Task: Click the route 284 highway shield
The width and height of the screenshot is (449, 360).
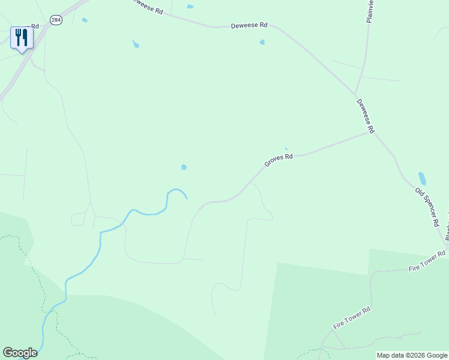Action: click(56, 20)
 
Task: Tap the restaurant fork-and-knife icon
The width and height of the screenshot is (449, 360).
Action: click(22, 38)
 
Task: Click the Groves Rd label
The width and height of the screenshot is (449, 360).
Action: click(279, 160)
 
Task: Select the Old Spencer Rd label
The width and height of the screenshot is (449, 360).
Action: click(427, 207)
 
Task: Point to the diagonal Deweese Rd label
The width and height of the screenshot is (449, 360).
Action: click(366, 116)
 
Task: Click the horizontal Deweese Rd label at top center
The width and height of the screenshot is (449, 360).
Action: click(249, 26)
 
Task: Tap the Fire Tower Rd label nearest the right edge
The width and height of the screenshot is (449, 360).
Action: click(427, 262)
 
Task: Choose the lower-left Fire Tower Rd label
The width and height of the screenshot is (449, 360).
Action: click(352, 318)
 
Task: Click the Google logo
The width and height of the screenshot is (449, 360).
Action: click(20, 353)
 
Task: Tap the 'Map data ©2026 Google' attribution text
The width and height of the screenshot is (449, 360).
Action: click(412, 355)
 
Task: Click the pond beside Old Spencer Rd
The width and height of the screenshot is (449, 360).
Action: click(422, 178)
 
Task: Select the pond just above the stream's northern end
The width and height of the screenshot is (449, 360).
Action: click(184, 167)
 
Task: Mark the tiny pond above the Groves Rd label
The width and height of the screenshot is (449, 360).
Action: click(286, 149)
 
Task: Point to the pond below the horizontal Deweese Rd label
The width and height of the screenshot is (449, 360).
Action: click(262, 42)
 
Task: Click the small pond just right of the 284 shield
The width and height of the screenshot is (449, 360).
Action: click(85, 20)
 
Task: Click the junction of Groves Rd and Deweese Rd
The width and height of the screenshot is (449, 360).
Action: click(369, 132)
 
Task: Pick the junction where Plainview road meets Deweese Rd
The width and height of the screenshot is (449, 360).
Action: click(355, 94)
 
